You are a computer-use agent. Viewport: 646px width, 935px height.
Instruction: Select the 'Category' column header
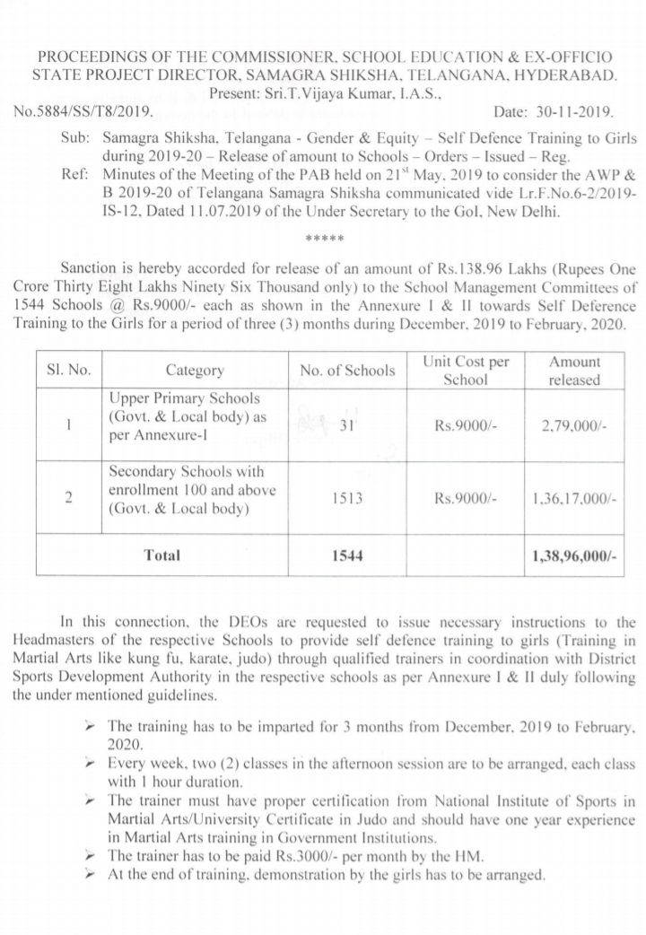(x=194, y=370)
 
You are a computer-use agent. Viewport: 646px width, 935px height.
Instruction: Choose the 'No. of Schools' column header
(x=347, y=370)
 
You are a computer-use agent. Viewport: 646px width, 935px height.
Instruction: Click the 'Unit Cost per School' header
(x=466, y=370)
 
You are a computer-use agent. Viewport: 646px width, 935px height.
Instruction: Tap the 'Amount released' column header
(x=574, y=370)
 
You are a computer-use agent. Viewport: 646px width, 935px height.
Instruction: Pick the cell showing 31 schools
(x=348, y=427)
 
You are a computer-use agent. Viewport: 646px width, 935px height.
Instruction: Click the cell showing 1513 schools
(x=347, y=498)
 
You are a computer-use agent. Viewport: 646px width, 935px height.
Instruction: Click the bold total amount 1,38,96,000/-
(x=574, y=556)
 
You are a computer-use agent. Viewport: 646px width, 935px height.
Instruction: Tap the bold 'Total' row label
(x=161, y=555)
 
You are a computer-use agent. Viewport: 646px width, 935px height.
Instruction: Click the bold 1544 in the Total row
(x=347, y=556)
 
